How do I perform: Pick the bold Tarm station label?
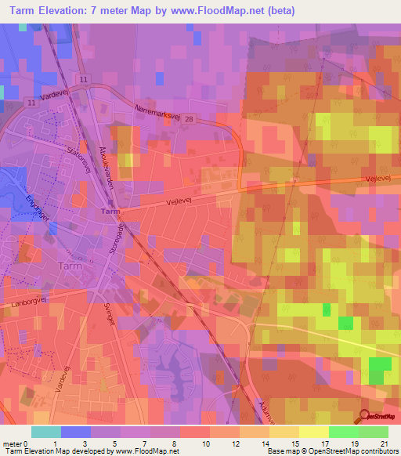[110, 212]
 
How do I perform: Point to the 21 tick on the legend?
[384, 444]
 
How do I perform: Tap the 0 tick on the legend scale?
[28, 444]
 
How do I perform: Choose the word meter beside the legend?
[13, 444]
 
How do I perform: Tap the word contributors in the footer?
[378, 451]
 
